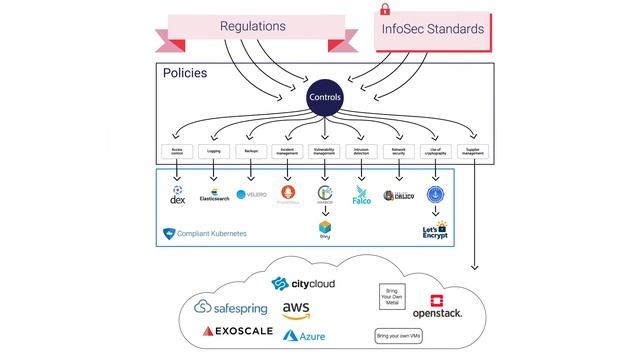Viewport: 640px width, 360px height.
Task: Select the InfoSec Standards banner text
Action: click(x=433, y=29)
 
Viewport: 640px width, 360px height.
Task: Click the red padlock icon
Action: click(x=383, y=9)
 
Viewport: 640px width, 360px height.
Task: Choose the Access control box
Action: click(x=178, y=152)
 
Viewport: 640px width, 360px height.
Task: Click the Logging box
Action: click(x=214, y=152)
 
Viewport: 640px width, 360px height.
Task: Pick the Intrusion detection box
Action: click(x=361, y=152)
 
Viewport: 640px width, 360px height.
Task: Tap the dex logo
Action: click(x=177, y=193)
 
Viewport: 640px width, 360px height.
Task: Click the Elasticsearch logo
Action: click(x=215, y=194)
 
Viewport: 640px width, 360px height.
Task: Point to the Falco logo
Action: click(x=361, y=196)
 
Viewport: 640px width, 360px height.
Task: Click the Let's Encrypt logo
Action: click(x=435, y=231)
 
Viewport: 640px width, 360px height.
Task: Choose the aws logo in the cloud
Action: click(x=297, y=310)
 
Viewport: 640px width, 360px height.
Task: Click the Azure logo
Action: click(x=304, y=336)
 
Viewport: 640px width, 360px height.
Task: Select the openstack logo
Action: click(x=437, y=307)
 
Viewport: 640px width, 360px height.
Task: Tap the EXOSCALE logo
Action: click(x=238, y=330)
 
